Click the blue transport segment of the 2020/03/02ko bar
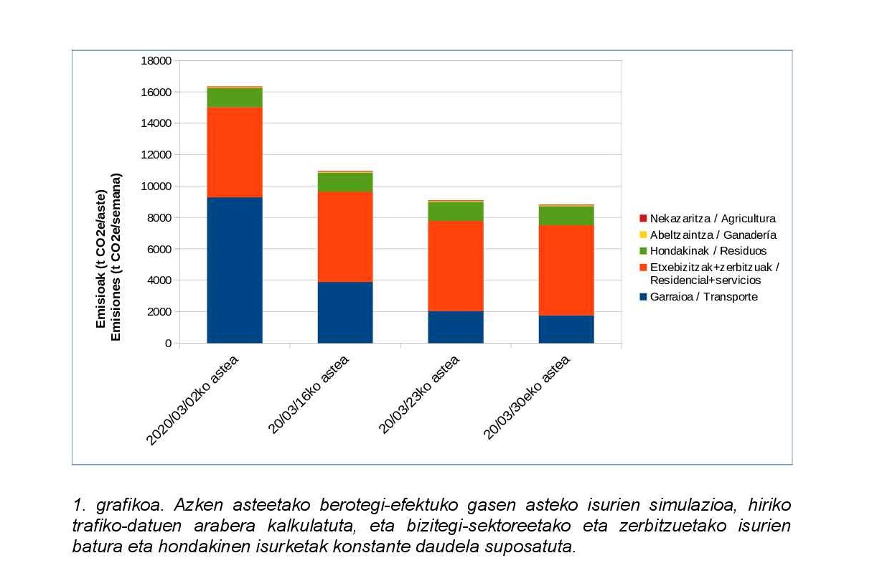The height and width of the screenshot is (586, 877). pos(235,270)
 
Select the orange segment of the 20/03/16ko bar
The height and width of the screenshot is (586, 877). pos(345,237)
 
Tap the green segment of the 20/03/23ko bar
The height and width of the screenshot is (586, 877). pos(456,211)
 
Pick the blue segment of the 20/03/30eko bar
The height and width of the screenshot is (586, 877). pos(566,329)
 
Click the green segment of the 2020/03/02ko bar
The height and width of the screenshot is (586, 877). pos(235,98)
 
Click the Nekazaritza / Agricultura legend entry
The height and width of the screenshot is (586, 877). pos(712,219)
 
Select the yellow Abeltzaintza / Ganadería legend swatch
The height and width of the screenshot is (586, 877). pos(644,235)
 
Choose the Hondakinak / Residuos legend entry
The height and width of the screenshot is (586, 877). pos(708,251)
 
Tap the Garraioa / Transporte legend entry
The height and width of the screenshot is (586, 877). pos(703,297)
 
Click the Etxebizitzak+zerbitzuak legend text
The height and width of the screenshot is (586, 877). pos(714,267)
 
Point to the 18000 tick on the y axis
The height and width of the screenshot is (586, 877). pos(157,61)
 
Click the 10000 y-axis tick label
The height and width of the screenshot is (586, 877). pos(157,186)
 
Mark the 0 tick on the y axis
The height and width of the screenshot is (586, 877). pos(168,344)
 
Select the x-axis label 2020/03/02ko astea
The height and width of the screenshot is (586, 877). pos(192,400)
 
